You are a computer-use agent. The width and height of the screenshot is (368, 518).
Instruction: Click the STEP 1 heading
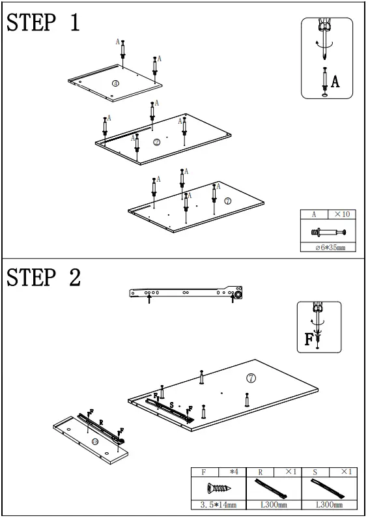(43, 22)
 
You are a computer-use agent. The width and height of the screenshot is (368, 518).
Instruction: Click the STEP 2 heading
(43, 277)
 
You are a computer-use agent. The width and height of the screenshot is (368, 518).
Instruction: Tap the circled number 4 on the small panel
(115, 83)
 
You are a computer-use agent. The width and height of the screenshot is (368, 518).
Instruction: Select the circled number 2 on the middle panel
(157, 143)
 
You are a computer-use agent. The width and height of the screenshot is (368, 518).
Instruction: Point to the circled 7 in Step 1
(227, 201)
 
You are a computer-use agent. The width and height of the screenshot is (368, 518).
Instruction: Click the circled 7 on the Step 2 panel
(251, 378)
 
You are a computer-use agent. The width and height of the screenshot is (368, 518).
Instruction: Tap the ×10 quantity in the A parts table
(342, 214)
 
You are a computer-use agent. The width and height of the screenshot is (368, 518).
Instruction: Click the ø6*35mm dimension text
(330, 248)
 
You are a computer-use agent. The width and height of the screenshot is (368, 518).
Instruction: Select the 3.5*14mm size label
(218, 505)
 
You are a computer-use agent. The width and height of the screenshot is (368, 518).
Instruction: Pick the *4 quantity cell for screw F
(234, 472)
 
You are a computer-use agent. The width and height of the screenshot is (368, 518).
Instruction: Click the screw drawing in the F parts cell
(219, 487)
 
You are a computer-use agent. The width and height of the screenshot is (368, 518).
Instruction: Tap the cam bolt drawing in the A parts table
(328, 232)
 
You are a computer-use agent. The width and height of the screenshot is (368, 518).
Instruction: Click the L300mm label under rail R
(274, 505)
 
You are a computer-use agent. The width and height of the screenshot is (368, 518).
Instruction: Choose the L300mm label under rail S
(330, 505)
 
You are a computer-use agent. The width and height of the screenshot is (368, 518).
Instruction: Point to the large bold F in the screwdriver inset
(309, 339)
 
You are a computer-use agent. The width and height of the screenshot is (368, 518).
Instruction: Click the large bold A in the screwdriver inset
(335, 81)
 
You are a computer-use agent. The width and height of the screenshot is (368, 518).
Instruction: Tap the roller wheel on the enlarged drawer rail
(238, 294)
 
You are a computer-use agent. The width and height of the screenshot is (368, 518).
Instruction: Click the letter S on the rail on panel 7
(171, 405)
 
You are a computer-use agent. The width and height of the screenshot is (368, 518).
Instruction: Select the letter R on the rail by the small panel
(101, 422)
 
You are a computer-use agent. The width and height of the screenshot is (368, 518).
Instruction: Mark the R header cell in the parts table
(261, 472)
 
